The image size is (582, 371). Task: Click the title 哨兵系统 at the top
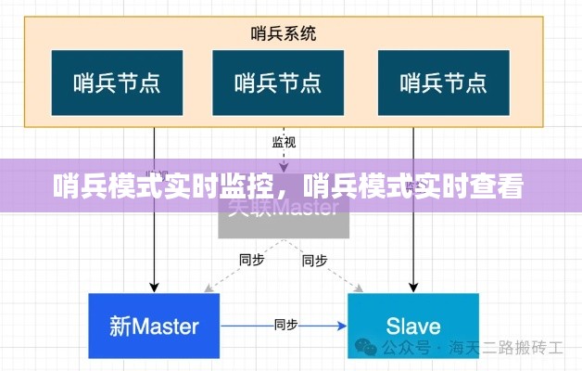point(283,33)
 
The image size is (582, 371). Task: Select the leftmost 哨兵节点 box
point(116,83)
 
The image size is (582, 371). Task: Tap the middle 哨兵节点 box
point(278,83)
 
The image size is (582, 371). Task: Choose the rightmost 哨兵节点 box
point(444,83)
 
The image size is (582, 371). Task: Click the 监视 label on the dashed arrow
point(284,142)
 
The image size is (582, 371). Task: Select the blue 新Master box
point(154,326)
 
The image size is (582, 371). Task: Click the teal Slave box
point(413,326)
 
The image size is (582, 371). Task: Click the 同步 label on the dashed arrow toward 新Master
point(251,261)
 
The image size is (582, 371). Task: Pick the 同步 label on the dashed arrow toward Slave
point(315,261)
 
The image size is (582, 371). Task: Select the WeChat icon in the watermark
point(364,349)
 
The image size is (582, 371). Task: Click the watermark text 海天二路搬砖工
point(506,349)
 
